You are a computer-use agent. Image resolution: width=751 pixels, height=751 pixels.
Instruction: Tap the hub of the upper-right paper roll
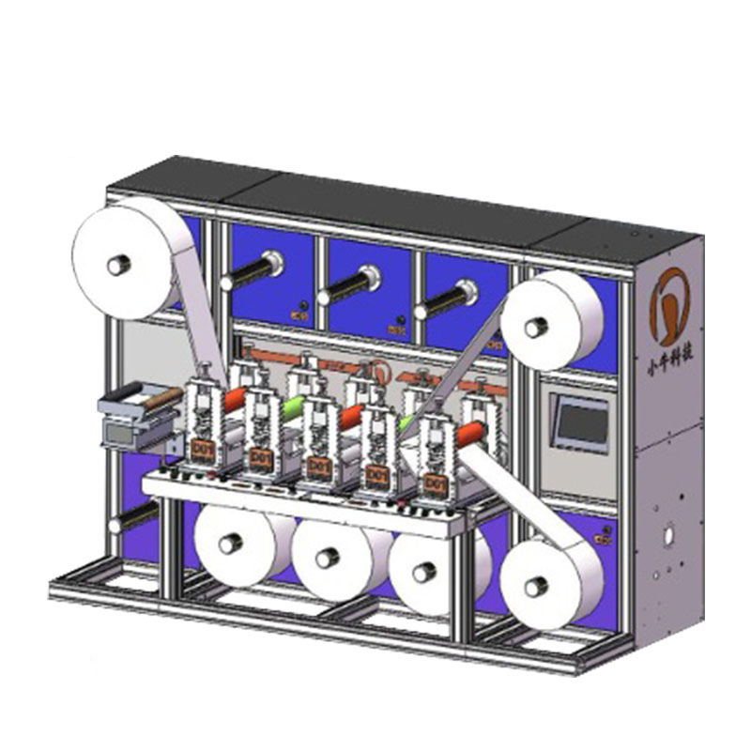(536, 328)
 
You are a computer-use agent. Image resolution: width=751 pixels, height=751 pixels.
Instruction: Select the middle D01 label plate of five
(317, 467)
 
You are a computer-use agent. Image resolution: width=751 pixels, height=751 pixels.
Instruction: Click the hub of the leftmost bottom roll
(227, 544)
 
